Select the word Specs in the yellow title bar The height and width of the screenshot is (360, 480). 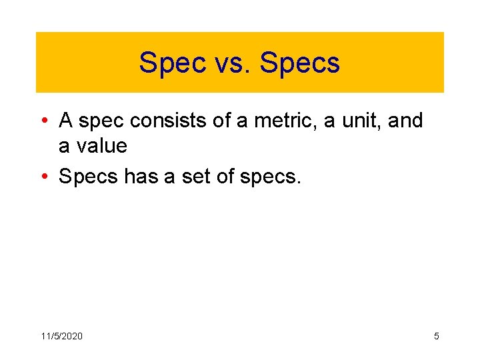pyautogui.click(x=300, y=63)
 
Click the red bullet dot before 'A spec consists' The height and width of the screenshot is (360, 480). pyautogui.click(x=43, y=121)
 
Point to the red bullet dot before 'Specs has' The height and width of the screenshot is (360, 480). pyautogui.click(x=43, y=177)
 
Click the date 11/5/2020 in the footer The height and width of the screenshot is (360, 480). pyautogui.click(x=62, y=336)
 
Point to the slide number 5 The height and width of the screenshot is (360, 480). pyautogui.click(x=437, y=336)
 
